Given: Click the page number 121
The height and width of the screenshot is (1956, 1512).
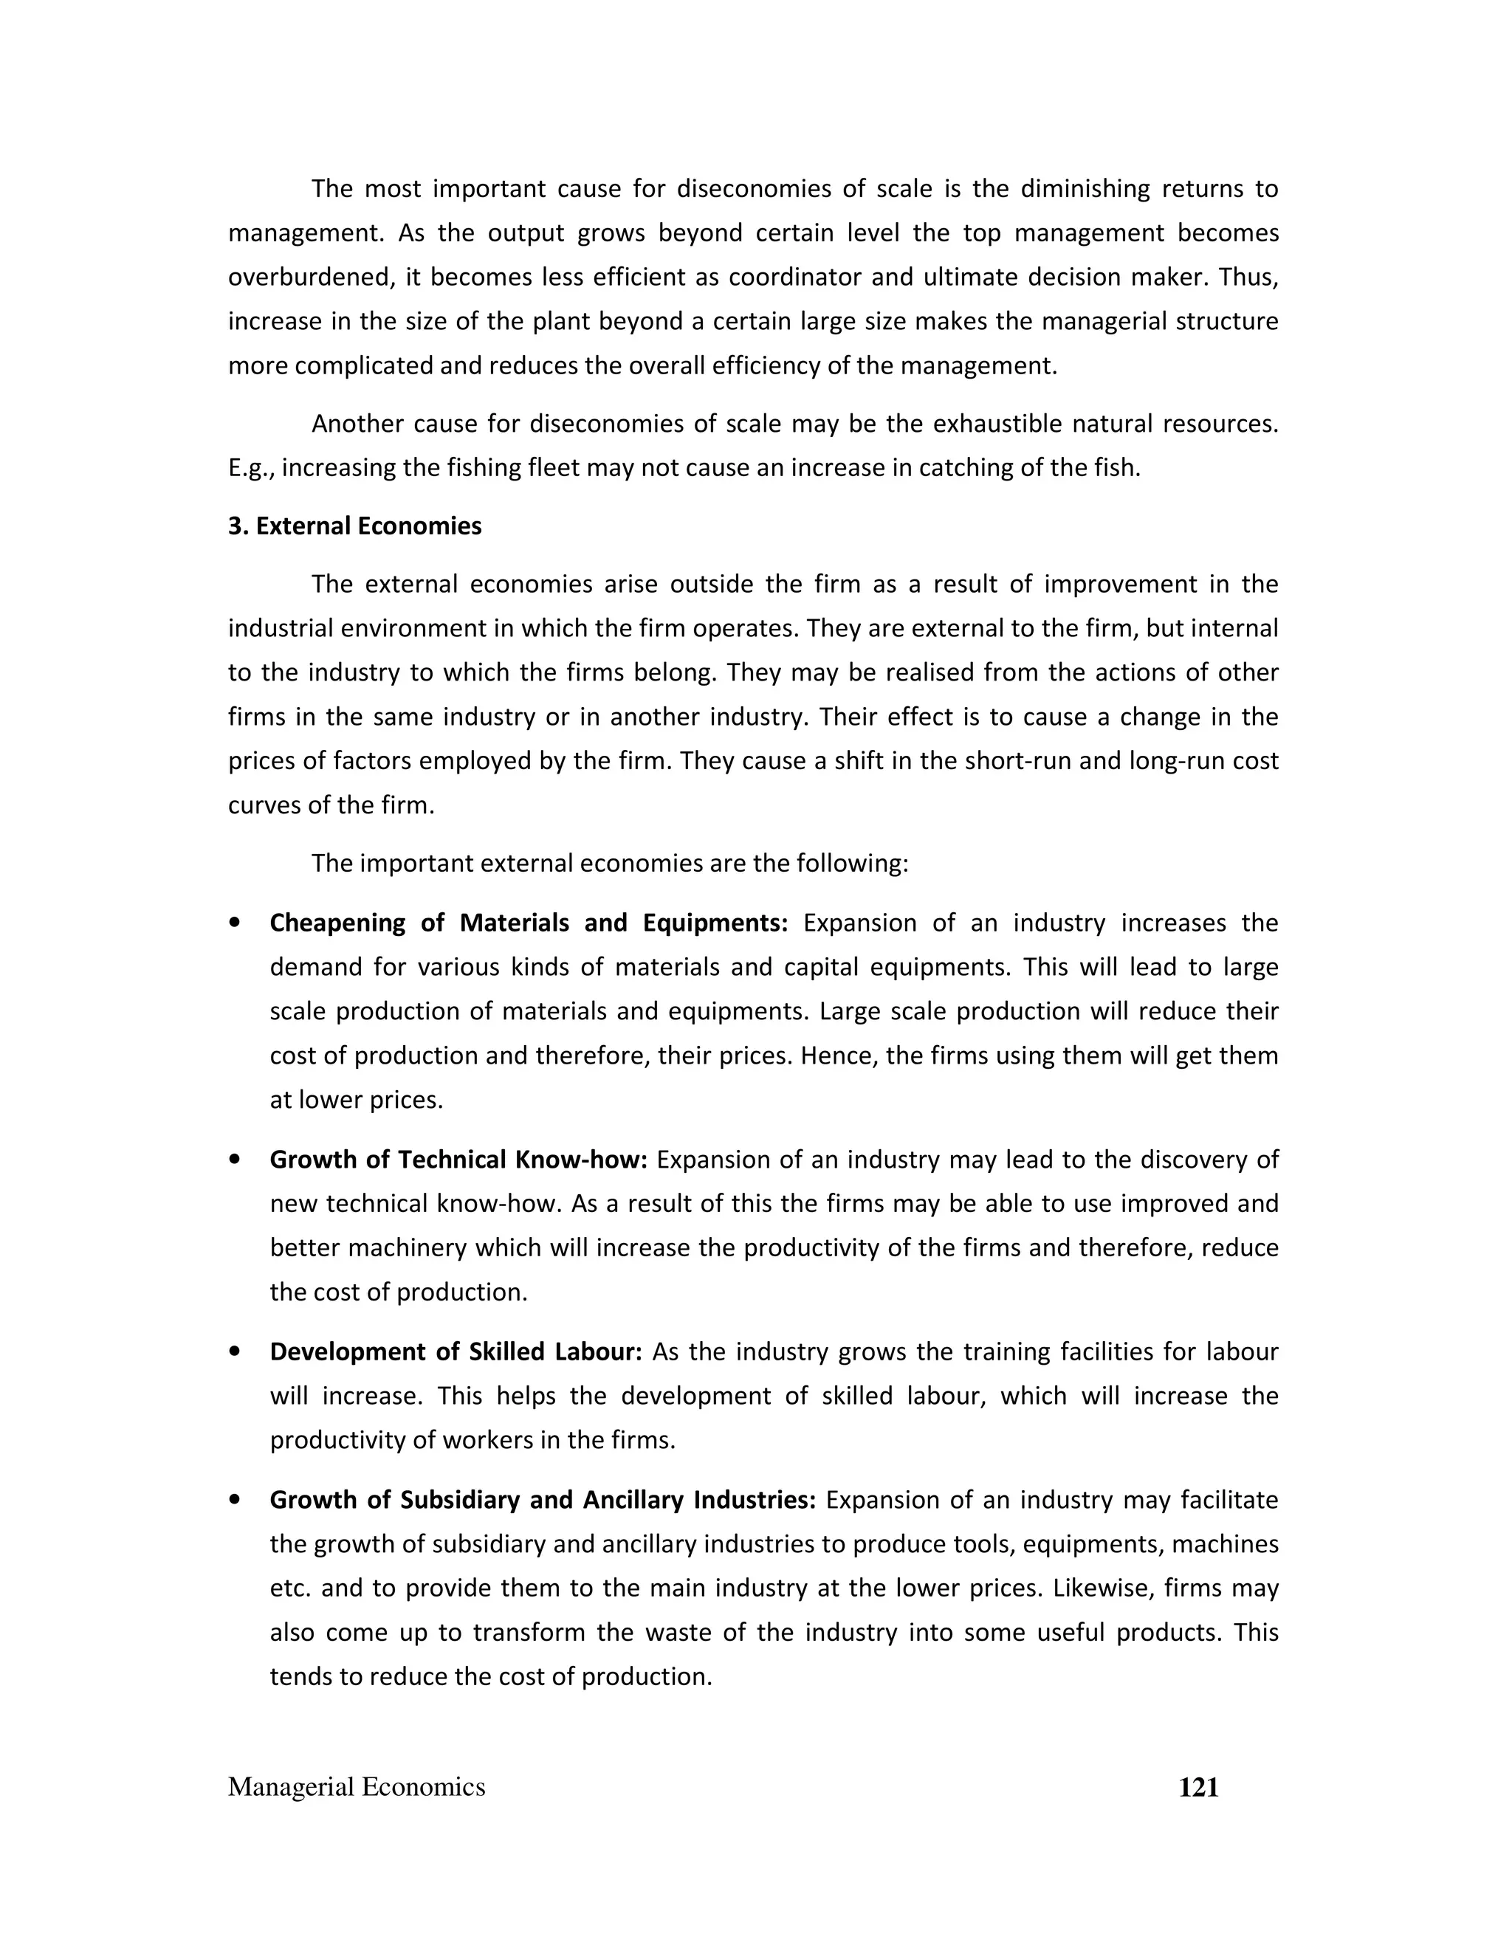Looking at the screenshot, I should point(1197,1788).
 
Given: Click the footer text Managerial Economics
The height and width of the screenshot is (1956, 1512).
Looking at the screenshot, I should point(357,1788).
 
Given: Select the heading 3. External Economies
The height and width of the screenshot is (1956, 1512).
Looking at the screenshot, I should point(354,526).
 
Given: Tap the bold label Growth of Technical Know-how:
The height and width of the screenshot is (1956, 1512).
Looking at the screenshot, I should point(458,1160).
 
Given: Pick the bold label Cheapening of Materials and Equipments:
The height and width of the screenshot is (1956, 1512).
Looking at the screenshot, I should point(529,923).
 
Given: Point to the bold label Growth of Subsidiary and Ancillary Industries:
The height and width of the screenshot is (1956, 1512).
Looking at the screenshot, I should point(543,1500).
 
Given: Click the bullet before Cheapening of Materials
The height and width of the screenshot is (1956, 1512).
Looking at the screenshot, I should point(235,923).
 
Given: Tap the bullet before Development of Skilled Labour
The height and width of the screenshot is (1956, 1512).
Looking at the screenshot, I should point(235,1351).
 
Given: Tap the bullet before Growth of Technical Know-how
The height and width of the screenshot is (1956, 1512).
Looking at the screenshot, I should point(235,1160).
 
